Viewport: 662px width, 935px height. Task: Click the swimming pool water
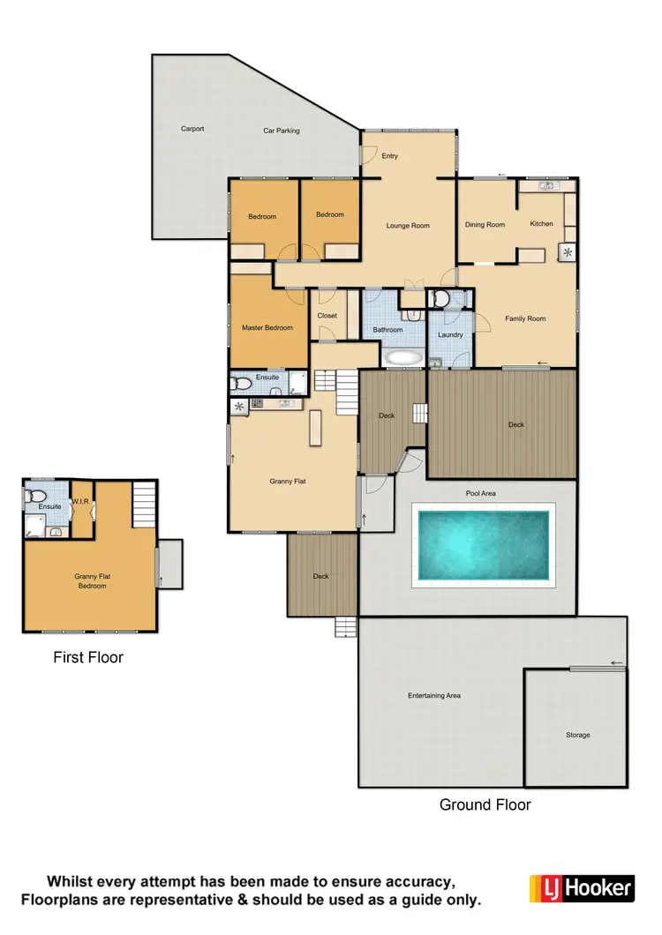[x=483, y=545]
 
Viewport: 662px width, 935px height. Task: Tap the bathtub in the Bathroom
[x=404, y=358]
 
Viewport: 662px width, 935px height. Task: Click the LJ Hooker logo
[x=581, y=886]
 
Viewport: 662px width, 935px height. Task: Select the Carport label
[x=192, y=129]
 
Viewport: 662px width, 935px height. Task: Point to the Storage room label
[x=578, y=735]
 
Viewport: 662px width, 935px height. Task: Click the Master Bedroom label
[x=267, y=328]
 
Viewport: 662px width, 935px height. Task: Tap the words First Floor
[x=88, y=657]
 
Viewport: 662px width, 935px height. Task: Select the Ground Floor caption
[x=485, y=804]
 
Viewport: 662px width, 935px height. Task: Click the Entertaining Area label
[x=434, y=696]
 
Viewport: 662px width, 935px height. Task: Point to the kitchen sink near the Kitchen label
[x=547, y=185]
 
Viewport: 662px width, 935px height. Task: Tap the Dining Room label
[x=485, y=225]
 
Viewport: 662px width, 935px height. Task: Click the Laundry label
[x=450, y=335]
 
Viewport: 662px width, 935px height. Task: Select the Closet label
[x=327, y=315]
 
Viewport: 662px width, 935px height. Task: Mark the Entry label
[x=390, y=156]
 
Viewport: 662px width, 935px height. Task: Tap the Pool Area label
[x=481, y=494]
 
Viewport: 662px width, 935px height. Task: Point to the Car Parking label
[x=282, y=131]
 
